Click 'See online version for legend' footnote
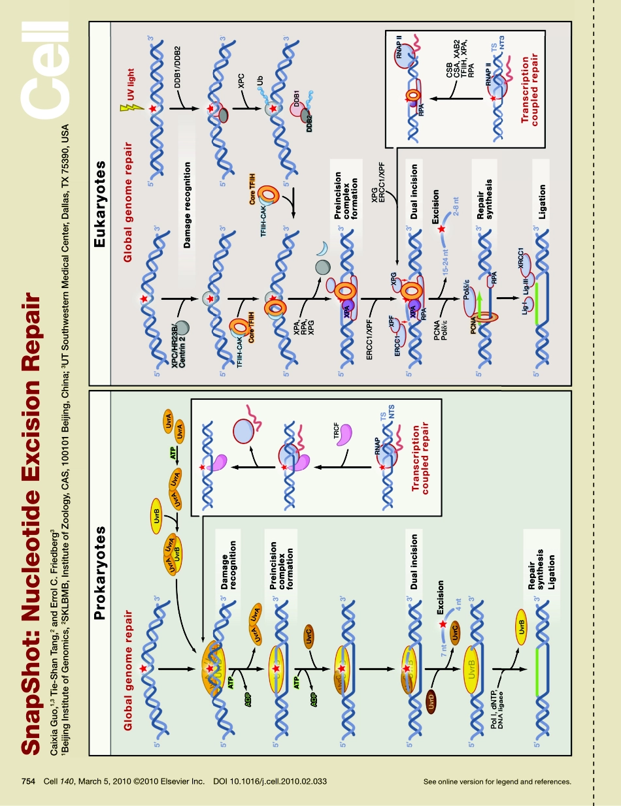pos(497,781)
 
